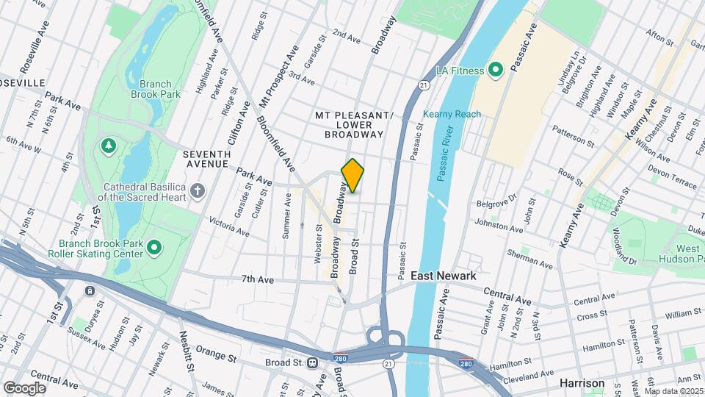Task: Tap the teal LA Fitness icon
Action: coord(496,71)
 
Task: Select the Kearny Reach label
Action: coord(452,114)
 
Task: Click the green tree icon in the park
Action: coord(109,146)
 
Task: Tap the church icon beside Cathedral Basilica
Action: coord(197,192)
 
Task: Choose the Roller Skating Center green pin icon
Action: coord(153,248)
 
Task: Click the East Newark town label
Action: coord(443,276)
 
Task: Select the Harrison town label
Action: coord(582,383)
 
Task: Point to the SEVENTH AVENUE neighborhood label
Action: coord(207,159)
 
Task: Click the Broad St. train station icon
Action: coord(313,362)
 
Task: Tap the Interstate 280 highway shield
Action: coord(466,362)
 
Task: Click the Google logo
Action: coord(24,387)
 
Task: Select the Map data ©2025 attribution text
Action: coord(673,391)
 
